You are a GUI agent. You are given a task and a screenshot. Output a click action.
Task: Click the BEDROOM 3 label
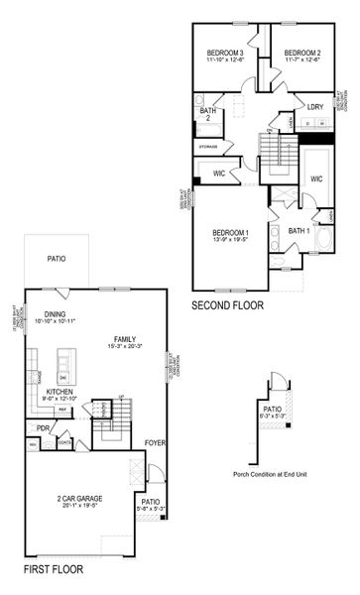(225, 52)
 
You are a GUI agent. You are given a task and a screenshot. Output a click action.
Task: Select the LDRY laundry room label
(314, 106)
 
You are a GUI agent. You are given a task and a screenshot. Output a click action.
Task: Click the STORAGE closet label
(207, 146)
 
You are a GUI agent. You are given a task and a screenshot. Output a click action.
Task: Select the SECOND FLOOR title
(227, 305)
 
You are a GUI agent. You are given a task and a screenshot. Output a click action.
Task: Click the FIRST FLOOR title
(54, 570)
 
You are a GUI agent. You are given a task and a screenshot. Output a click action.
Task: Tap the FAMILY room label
(125, 338)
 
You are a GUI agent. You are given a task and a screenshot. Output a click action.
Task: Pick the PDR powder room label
(43, 428)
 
